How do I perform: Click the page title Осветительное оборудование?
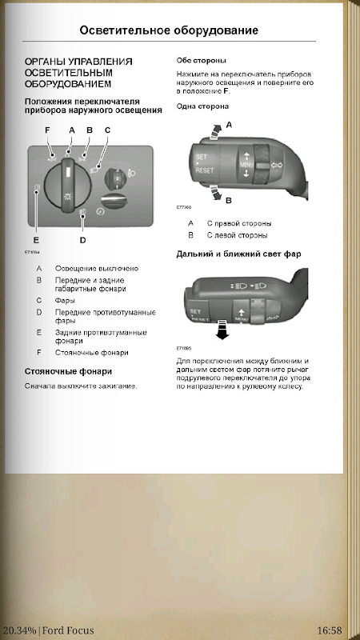169,30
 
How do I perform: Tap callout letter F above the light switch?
47,130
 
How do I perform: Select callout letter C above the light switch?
107,130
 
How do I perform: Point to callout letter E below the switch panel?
36,241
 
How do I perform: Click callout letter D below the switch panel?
83,241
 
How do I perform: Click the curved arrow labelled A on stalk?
214,132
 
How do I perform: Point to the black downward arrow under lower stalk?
222,330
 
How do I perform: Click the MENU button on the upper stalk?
246,164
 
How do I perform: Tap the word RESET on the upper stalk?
205,171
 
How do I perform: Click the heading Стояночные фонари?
68,371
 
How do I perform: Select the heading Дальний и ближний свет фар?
238,254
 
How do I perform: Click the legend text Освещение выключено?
96,269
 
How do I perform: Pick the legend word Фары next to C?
65,301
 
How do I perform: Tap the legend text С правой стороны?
238,223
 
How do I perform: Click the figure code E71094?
32,252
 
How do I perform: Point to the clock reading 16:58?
329,630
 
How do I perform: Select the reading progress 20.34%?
18,630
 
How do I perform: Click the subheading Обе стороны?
202,61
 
